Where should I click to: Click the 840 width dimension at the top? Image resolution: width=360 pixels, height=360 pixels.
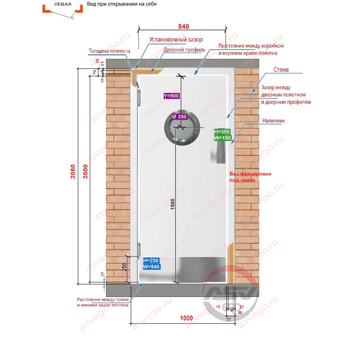(x=184, y=26)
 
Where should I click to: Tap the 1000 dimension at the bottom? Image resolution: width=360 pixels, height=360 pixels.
(x=186, y=318)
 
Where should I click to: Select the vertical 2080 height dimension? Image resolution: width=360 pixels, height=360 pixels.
(x=73, y=171)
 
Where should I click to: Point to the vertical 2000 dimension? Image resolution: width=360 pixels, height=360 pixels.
(x=85, y=171)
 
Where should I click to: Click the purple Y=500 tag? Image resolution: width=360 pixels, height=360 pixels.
(x=171, y=96)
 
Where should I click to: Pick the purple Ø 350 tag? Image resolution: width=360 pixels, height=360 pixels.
(x=180, y=117)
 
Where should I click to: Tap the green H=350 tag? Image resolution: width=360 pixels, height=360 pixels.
(x=222, y=131)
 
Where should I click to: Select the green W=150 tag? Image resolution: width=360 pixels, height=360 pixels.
(x=222, y=138)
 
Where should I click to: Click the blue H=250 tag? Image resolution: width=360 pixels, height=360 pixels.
(x=151, y=260)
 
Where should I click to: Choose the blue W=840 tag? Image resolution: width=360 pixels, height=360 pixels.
(x=151, y=266)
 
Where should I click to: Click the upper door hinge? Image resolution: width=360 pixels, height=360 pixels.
(x=139, y=98)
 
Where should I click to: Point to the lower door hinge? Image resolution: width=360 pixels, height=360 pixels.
(x=139, y=250)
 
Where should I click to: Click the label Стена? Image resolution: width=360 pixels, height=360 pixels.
(x=281, y=69)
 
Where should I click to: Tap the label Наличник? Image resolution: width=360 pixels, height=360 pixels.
(x=274, y=121)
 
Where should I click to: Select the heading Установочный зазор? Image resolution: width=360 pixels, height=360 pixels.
(x=176, y=40)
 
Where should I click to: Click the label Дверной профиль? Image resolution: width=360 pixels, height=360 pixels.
(x=184, y=50)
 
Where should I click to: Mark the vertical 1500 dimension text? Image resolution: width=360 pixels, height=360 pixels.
(x=173, y=204)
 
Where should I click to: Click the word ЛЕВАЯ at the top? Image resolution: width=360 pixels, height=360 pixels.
(x=63, y=4)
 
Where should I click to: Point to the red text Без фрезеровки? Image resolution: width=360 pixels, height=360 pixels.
(x=250, y=174)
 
